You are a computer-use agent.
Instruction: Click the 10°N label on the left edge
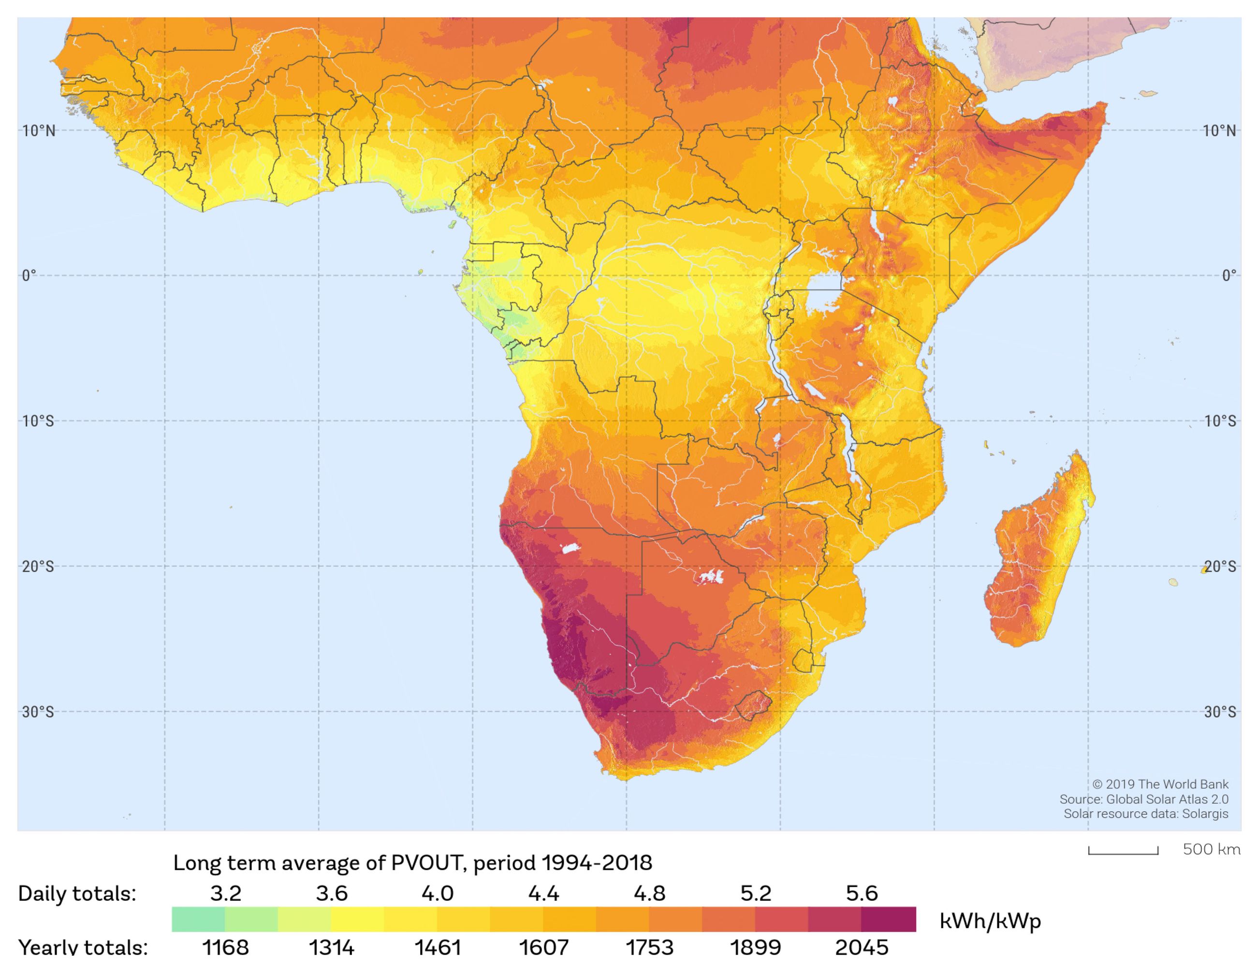tap(39, 131)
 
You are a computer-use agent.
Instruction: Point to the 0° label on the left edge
tap(29, 275)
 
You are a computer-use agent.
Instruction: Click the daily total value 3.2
tap(225, 893)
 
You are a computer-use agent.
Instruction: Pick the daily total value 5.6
tap(862, 893)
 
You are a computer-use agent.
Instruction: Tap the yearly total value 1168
tap(225, 947)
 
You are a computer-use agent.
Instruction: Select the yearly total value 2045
tap(862, 947)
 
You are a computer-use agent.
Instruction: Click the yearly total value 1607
tap(543, 947)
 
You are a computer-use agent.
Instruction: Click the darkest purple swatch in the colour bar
tap(889, 919)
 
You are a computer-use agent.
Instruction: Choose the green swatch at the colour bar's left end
tap(198, 919)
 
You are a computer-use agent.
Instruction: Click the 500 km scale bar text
tap(1211, 849)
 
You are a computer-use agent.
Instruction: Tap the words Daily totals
tap(77, 894)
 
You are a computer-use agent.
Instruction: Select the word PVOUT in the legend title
tap(425, 863)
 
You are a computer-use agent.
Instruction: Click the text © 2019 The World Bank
tap(1160, 785)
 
